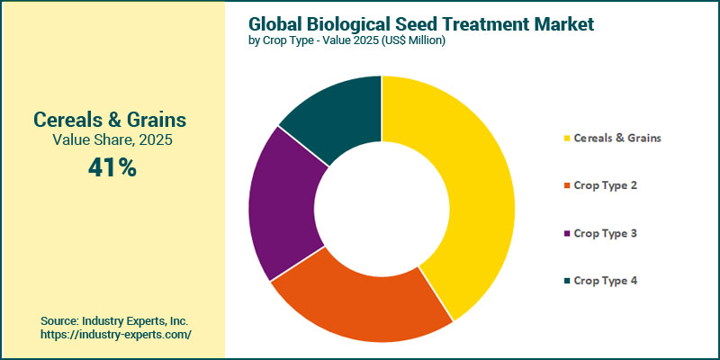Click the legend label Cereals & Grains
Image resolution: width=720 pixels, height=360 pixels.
click(x=617, y=138)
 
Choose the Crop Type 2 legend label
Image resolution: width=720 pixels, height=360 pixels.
click(x=606, y=185)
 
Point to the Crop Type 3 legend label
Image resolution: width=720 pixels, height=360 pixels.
click(x=606, y=233)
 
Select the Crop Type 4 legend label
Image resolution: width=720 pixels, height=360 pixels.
click(x=606, y=281)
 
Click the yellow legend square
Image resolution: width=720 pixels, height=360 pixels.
click(x=567, y=139)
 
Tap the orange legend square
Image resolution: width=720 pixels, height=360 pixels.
click(x=567, y=186)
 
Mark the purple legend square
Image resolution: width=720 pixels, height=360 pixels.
click(x=567, y=234)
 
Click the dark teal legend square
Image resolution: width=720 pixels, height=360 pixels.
click(x=567, y=282)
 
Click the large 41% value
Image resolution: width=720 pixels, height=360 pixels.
click(x=112, y=167)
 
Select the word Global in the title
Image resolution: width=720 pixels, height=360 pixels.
click(x=275, y=23)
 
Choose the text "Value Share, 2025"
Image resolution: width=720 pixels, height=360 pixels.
click(x=112, y=140)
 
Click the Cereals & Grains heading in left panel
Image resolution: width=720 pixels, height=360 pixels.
click(x=112, y=119)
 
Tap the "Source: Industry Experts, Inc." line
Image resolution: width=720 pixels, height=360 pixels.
click(x=114, y=320)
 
